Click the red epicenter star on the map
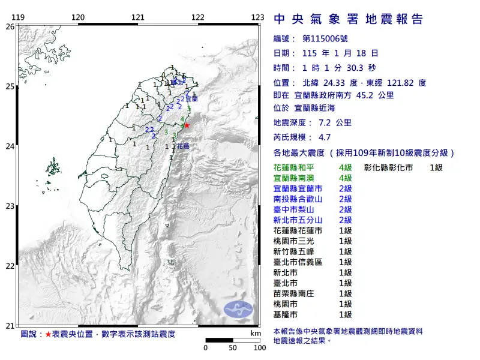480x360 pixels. click(187, 125)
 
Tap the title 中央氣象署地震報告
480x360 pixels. click(348, 20)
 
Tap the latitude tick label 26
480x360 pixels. click(10, 26)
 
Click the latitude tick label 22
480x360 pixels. click(10, 266)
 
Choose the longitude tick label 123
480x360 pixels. click(258, 17)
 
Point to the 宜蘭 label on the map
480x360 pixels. click(191, 98)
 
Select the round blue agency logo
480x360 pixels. click(239, 310)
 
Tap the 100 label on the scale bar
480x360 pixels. click(259, 347)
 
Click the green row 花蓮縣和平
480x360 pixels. click(297, 167)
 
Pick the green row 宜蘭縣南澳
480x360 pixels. click(297, 178)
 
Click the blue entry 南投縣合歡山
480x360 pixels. click(297, 199)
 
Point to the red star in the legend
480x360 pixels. click(48, 334)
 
